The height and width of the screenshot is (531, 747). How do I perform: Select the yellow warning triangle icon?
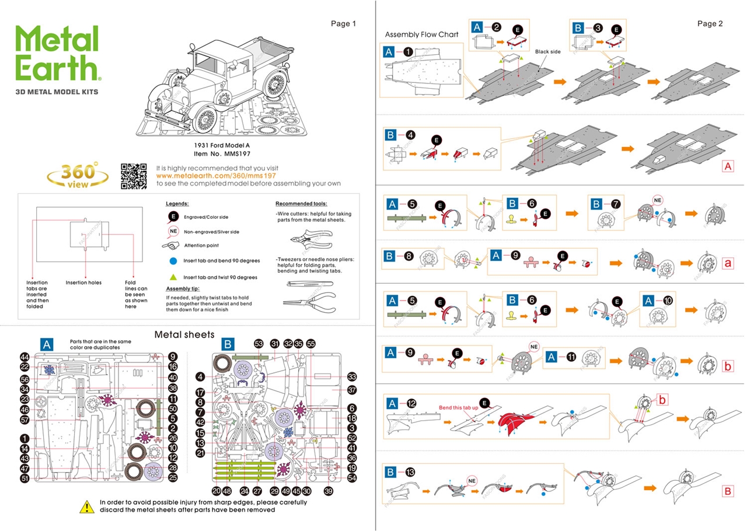(x=86, y=506)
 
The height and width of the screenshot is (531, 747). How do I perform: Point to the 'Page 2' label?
(x=710, y=23)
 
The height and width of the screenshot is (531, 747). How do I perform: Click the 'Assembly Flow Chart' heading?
(x=421, y=34)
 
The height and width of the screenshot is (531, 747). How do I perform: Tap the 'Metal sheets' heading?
(x=184, y=335)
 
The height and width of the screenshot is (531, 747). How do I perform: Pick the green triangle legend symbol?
(x=173, y=277)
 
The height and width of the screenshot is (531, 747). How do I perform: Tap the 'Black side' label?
(x=547, y=51)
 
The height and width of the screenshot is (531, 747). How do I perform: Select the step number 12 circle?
(x=412, y=403)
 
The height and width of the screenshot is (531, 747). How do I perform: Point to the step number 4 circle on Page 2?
(x=411, y=135)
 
